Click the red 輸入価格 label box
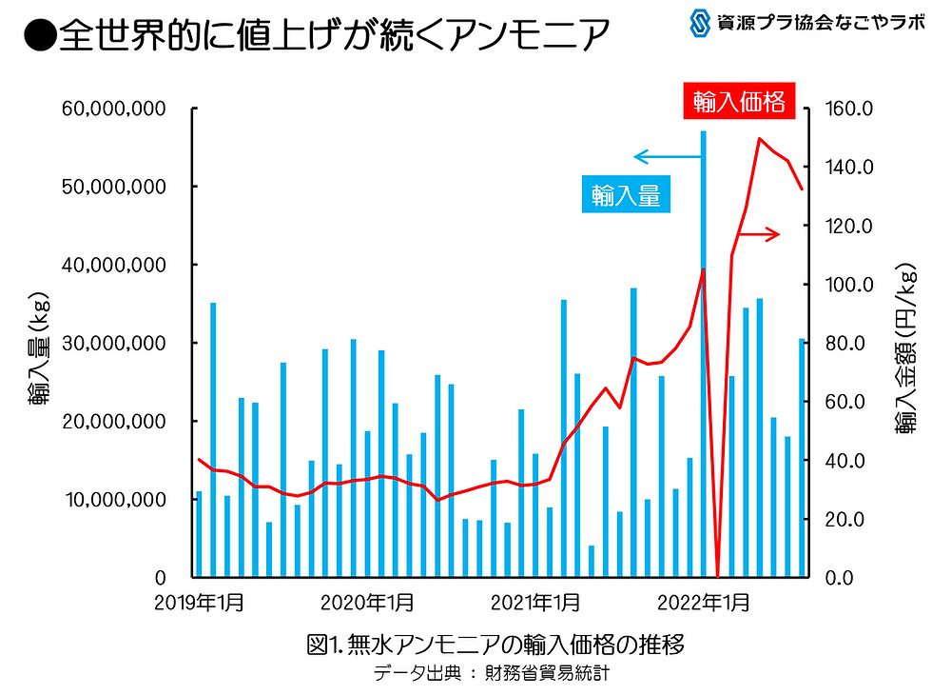click(x=739, y=101)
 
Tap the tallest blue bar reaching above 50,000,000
click(x=704, y=352)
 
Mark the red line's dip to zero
click(x=718, y=575)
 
